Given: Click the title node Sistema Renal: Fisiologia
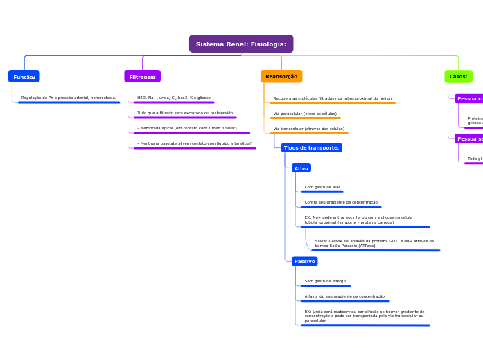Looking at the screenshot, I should pyautogui.click(x=241, y=44).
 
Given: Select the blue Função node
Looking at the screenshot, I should pyautogui.click(x=24, y=77).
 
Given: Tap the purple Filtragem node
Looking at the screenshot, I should pyautogui.click(x=143, y=77).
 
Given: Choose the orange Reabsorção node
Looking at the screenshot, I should pyautogui.click(x=281, y=77).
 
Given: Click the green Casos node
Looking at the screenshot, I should pyautogui.click(x=458, y=77).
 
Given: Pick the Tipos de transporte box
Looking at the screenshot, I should pyautogui.click(x=311, y=148).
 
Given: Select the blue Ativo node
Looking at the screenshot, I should pyautogui.click(x=301, y=168).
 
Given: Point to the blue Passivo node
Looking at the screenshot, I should pyautogui.click(x=304, y=262).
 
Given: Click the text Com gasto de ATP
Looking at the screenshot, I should pyautogui.click(x=322, y=187).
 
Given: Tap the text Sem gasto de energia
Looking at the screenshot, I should pyautogui.click(x=326, y=281).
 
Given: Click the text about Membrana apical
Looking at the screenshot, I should pyautogui.click(x=187, y=128).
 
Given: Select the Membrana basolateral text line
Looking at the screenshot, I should pyautogui.click(x=195, y=143).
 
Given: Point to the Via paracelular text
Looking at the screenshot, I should pyautogui.click(x=305, y=114).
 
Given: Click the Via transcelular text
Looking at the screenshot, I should pyautogui.click(x=309, y=129).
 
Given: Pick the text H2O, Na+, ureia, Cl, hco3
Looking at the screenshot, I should pyautogui.click(x=174, y=98).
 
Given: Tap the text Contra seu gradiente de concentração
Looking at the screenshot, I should pyautogui.click(x=341, y=202).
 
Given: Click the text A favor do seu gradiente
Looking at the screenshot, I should pyautogui.click(x=344, y=296).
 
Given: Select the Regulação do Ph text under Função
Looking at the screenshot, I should pyautogui.click(x=69, y=98).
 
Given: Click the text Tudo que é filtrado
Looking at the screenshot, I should pyautogui.click(x=185, y=113).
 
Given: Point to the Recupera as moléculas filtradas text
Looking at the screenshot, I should pyautogui.click(x=333, y=98).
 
